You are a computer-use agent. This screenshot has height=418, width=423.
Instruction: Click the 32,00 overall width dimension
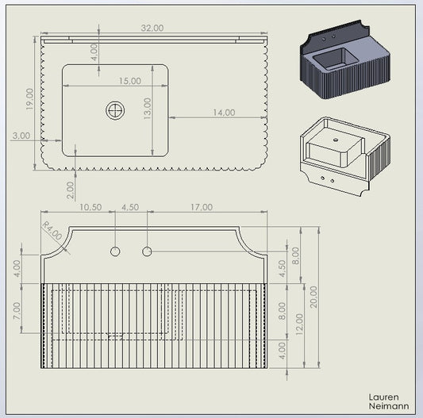[x=152, y=28]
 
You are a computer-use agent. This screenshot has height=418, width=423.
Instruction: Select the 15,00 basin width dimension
[x=130, y=81]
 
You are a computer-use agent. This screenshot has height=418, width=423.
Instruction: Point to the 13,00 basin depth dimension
[x=148, y=109]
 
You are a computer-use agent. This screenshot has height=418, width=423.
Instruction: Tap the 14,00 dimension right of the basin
[x=224, y=112]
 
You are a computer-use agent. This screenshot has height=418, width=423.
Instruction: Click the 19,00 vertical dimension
[x=29, y=99]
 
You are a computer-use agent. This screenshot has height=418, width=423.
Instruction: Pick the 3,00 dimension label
[x=21, y=136]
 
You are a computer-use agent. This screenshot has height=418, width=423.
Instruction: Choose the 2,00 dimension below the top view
[x=70, y=190]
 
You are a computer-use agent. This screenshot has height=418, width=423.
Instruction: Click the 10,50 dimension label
[x=90, y=207]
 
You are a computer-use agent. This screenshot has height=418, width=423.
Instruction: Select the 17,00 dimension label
[x=202, y=207]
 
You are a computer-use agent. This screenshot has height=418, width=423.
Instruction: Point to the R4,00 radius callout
[x=52, y=231]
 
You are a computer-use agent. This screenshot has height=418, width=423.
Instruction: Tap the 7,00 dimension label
[x=17, y=311]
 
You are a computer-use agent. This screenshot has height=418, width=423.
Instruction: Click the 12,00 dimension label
[x=299, y=324]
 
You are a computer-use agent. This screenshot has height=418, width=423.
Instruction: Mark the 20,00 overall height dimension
[x=313, y=297]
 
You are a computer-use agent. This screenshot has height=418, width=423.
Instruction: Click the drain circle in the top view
[x=115, y=110]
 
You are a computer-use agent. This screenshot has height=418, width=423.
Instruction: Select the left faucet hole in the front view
[x=115, y=251]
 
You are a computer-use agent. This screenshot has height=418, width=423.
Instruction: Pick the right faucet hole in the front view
[x=147, y=251]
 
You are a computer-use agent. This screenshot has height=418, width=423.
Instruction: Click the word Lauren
[x=383, y=397]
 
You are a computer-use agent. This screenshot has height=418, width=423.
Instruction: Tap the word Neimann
[x=389, y=406]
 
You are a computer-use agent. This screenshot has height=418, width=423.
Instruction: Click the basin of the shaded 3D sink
[x=336, y=59]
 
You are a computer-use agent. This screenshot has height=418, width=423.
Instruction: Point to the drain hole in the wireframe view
[x=336, y=140]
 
